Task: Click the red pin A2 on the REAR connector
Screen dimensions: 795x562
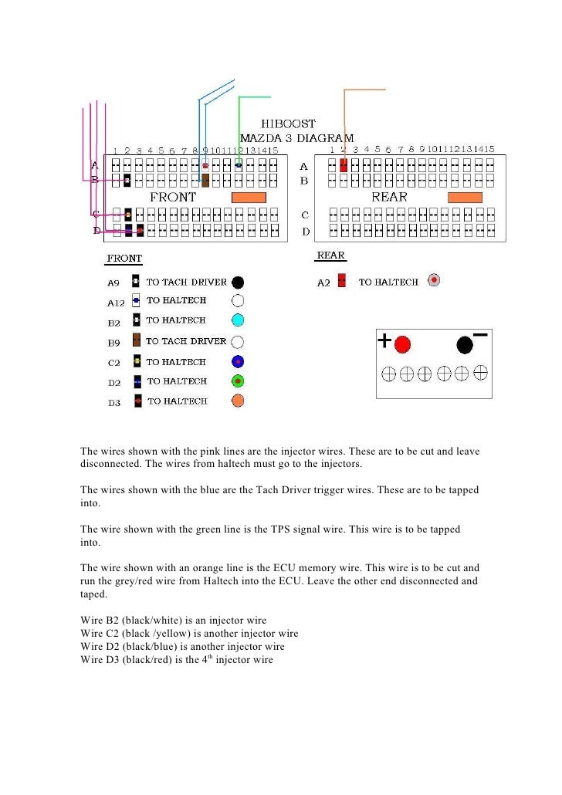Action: coord(343,165)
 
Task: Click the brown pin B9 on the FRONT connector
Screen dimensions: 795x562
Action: coord(205,181)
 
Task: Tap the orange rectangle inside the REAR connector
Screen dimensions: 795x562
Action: coord(466,198)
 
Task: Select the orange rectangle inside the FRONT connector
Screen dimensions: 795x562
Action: coord(249,198)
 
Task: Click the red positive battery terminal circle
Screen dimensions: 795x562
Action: coord(403,345)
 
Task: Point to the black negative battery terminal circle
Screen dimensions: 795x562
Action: coord(465,345)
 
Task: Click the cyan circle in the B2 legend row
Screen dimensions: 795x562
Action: coord(238,320)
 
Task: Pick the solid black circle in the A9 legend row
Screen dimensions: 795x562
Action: coord(238,282)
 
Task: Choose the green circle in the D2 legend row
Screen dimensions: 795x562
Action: coord(238,381)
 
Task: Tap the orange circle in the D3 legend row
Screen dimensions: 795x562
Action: coord(238,401)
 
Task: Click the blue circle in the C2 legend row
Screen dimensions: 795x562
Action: coord(238,360)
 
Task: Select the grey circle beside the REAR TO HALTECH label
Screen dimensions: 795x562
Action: coord(435,280)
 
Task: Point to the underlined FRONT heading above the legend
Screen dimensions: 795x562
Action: coord(124,259)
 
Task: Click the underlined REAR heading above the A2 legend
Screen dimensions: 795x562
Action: coord(330,255)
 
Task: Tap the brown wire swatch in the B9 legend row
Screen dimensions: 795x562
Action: coord(136,340)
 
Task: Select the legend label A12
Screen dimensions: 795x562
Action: coord(114,301)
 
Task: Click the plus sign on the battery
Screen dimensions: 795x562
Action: coord(385,340)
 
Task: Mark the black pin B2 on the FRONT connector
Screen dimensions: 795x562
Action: coord(127,181)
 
